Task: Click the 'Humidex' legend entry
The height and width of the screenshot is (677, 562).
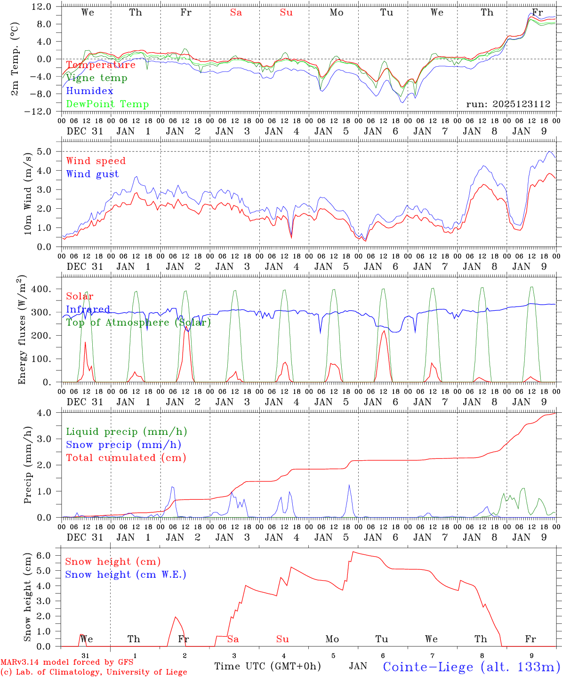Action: tap(89, 91)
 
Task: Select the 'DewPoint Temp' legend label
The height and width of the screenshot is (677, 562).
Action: tap(107, 104)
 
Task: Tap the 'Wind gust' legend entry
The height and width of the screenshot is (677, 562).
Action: tap(92, 174)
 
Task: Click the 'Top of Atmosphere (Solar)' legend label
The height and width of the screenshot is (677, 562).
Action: tap(138, 323)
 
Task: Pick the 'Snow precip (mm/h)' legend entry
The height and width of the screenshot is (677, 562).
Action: tap(123, 445)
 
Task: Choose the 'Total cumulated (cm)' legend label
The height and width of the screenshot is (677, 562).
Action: tap(126, 457)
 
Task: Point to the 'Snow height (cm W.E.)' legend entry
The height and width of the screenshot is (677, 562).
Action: tap(125, 575)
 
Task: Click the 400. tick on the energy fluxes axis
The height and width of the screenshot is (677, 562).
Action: tap(41, 289)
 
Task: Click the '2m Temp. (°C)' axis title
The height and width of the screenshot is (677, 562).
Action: tap(15, 61)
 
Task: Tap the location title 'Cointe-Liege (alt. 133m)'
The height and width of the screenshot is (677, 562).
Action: tap(471, 667)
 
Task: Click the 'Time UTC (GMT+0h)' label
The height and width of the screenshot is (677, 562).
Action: tap(267, 666)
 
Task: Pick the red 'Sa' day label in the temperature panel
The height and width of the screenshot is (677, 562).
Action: tap(236, 13)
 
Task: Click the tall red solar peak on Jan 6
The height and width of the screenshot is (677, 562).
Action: tap(384, 331)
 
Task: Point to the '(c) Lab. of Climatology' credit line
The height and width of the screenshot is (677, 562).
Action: tap(94, 672)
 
